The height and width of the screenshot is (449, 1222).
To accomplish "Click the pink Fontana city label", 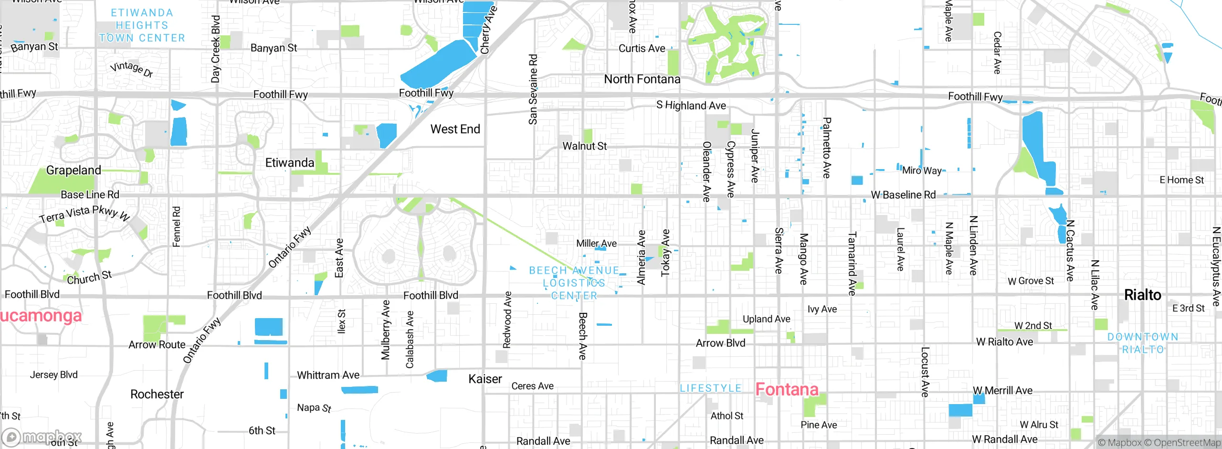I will (787, 389).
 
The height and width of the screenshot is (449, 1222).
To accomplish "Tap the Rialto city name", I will (1142, 295).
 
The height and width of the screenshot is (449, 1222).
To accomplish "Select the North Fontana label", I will (642, 79).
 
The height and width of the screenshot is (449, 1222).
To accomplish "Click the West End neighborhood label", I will (455, 129).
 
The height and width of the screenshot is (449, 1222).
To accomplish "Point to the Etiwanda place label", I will (289, 162).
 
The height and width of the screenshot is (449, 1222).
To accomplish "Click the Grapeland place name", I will (74, 170).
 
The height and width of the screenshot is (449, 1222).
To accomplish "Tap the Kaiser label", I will (485, 379).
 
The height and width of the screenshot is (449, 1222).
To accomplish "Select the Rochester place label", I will (157, 394).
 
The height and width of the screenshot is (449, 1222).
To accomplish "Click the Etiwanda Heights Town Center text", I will (142, 25).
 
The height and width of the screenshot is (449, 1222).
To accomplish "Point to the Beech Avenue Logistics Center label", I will (574, 283).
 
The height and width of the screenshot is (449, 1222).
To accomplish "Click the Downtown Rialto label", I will (1143, 343).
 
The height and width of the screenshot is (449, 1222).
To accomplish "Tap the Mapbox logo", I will (42, 437).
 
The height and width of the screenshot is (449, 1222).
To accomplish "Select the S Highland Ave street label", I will (691, 105).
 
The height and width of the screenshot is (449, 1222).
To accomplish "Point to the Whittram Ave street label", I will (328, 375).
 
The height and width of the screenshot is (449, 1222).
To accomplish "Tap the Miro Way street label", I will (921, 170).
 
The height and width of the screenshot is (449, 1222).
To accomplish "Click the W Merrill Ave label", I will (1002, 390).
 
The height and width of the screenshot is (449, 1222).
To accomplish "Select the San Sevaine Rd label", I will (533, 89).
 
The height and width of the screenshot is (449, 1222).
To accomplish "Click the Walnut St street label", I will (584, 146).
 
